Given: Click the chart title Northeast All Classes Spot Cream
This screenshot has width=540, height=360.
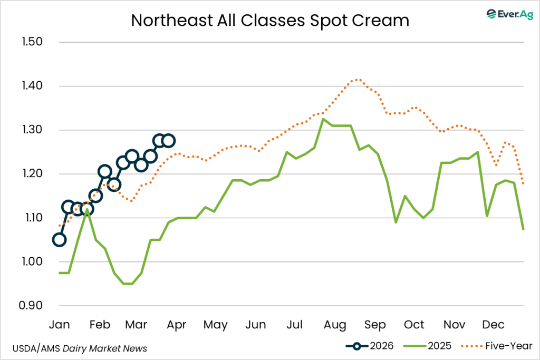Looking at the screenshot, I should point(270,20).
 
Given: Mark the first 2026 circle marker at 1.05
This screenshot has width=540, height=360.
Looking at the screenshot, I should point(59,240).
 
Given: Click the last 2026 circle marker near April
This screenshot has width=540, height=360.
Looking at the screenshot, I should point(169,141).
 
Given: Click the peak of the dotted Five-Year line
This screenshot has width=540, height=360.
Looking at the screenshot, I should point(358,80).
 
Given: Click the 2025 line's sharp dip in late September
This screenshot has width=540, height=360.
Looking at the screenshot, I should point(396,222).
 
